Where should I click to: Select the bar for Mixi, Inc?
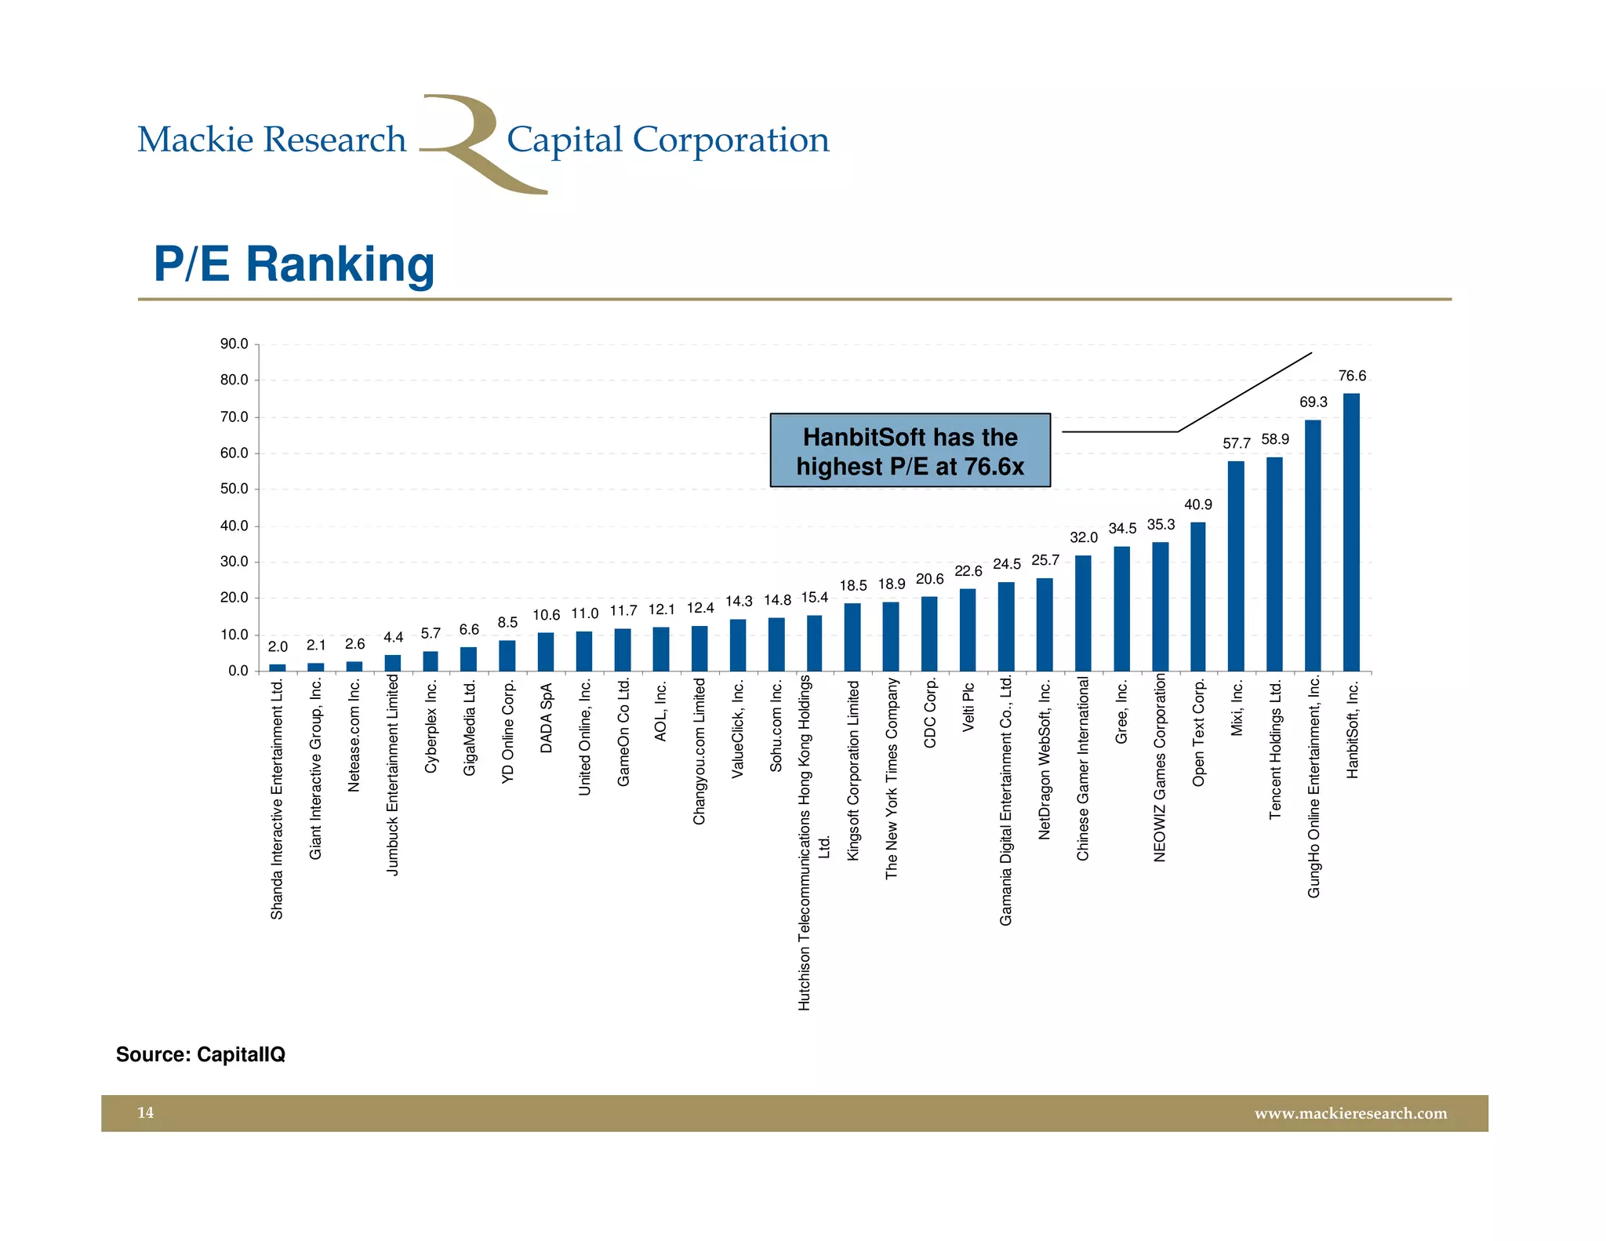pos(1236,566)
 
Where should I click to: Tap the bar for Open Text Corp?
pos(1197,596)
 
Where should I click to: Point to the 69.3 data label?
pos(1314,402)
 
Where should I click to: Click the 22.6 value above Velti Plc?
pos(968,571)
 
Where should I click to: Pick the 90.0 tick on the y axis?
pos(234,344)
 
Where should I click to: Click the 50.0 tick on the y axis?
pos(234,489)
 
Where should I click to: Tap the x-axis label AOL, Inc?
pos(661,711)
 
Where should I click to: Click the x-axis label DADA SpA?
pos(546,718)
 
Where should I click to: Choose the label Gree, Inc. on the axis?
pos(1121,712)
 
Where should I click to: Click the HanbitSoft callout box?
pos(910,451)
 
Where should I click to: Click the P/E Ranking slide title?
pos(294,264)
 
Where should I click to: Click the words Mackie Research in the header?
pos(271,140)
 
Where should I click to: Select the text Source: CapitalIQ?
pos(201,1054)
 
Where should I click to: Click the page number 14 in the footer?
pos(145,1112)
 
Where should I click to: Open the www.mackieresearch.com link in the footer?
pos(1350,1113)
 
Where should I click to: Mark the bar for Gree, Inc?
pos(1121,609)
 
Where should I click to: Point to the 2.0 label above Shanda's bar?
pos(278,647)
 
